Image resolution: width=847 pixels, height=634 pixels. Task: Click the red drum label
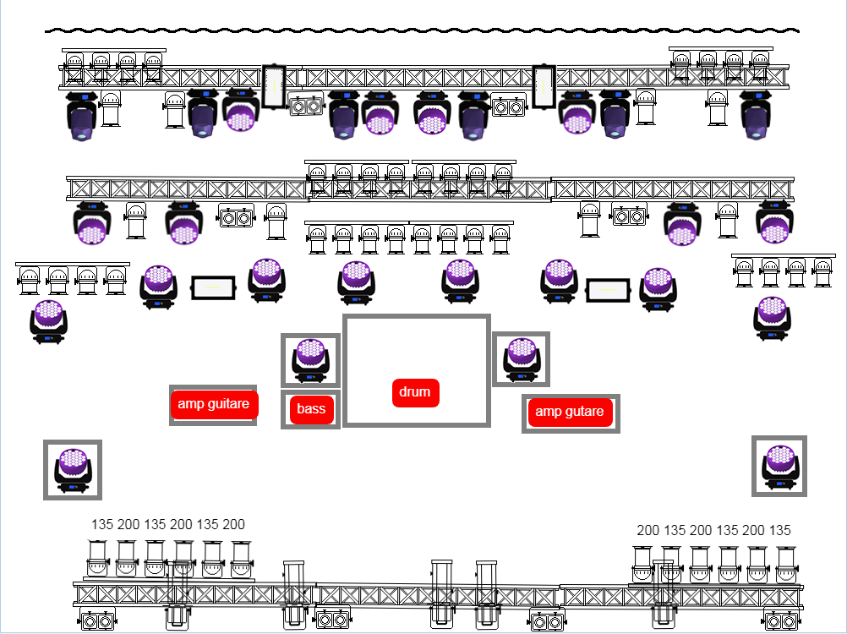(415, 392)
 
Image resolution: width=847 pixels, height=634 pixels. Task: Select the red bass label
(311, 410)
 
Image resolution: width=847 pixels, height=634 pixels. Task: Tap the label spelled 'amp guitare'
(213, 404)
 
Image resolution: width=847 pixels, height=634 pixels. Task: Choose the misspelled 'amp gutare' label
(570, 412)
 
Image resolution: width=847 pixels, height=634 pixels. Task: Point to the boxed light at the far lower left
(72, 469)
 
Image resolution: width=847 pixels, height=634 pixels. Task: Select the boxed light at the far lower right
(779, 466)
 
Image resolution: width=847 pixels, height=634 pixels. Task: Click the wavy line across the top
(423, 30)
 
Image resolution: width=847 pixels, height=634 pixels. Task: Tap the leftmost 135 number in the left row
(102, 525)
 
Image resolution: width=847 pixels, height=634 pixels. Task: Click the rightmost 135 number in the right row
(780, 531)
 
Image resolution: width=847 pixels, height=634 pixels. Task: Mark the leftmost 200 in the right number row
(648, 531)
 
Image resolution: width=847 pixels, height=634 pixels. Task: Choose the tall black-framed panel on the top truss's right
(544, 86)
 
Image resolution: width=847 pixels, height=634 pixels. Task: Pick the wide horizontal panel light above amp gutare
(609, 290)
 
